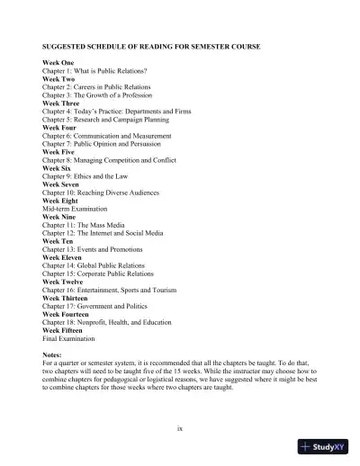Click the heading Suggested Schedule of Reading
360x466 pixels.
click(x=151, y=45)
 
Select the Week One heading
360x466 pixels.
click(x=60, y=62)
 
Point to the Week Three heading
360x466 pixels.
click(x=63, y=103)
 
